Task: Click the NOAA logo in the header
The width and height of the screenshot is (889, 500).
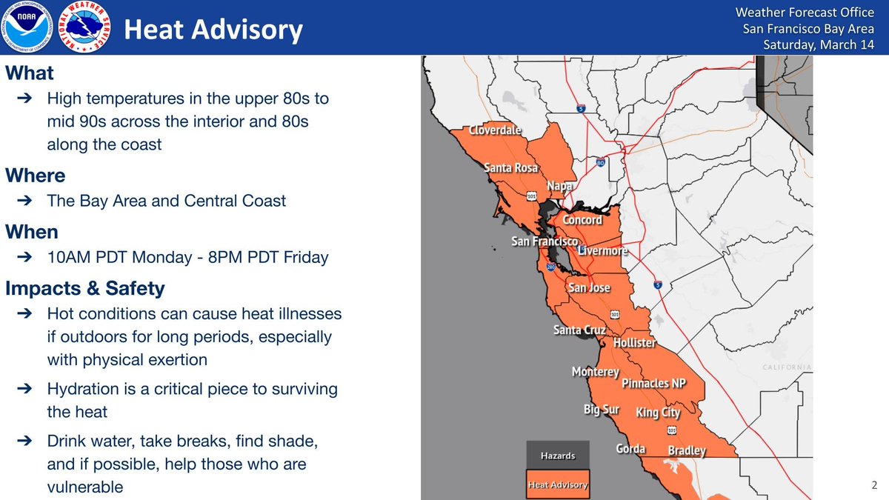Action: [27, 27]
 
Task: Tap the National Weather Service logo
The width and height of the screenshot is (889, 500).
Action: [85, 27]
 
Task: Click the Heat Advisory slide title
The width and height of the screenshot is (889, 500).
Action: [213, 30]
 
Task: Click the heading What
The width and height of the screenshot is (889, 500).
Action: [30, 73]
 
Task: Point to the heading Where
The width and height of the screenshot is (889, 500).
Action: [36, 176]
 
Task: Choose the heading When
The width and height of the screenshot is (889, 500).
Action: [32, 232]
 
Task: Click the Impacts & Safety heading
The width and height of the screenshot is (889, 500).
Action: [85, 287]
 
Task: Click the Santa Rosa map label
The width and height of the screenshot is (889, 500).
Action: [510, 168]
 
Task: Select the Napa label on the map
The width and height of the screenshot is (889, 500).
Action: [559, 186]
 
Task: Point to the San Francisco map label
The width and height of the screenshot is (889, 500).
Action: [545, 241]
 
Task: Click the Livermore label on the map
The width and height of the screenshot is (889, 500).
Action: [602, 251]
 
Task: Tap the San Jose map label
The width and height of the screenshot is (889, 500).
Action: [589, 288]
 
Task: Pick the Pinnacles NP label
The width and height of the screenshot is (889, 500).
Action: [653, 383]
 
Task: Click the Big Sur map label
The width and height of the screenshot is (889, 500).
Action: [601, 409]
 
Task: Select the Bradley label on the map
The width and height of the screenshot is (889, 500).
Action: [687, 450]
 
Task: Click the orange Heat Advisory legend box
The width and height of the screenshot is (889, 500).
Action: [557, 485]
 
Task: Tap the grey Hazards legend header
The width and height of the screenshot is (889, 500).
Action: [557, 456]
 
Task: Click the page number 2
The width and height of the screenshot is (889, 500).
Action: [874, 486]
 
